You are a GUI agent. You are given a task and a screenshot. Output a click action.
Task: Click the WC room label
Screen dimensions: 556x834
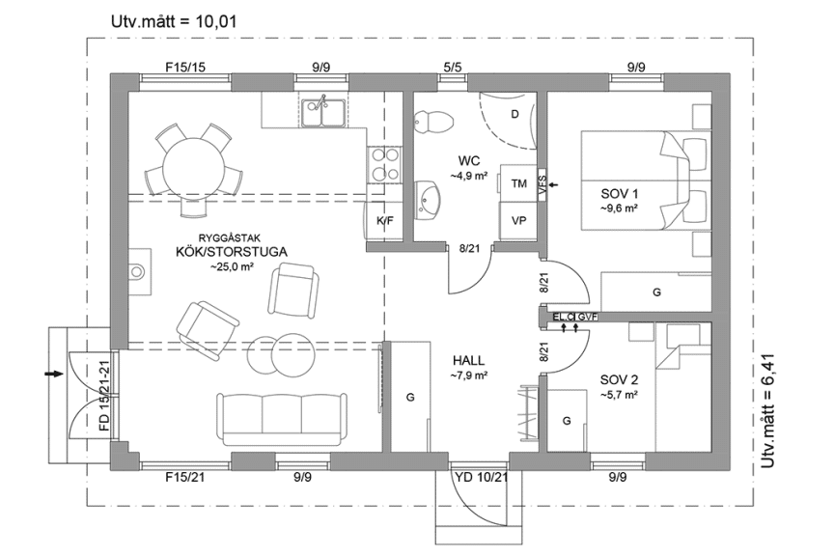[x=469, y=160]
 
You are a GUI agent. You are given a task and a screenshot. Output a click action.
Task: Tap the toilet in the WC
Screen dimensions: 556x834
[x=431, y=122]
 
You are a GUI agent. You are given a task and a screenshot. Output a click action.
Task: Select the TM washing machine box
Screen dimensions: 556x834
[x=518, y=183]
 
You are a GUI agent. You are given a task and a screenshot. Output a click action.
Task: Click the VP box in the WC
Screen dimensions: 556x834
[x=518, y=220]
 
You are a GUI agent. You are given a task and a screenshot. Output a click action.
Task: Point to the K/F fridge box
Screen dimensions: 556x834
[x=384, y=221]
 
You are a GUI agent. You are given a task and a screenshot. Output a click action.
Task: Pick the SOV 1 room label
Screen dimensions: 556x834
[x=620, y=193]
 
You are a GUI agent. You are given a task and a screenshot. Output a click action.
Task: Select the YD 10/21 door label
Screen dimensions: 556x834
[x=480, y=477]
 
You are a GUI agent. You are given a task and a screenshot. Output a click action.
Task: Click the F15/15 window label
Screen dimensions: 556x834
[x=185, y=68]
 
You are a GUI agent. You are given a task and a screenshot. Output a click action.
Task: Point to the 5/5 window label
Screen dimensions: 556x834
[x=452, y=68]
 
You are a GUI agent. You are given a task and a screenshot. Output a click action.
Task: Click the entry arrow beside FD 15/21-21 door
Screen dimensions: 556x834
[x=54, y=372]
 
